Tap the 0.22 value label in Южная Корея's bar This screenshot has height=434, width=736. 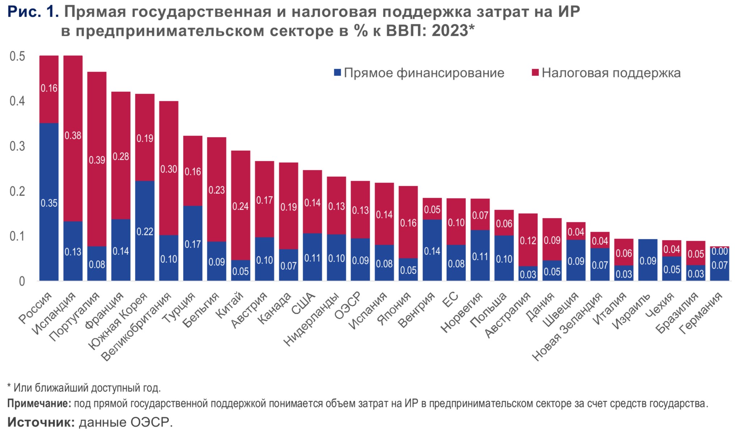(x=145, y=232)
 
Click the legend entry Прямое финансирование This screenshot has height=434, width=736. (x=420, y=73)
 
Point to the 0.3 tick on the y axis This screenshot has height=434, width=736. (x=17, y=146)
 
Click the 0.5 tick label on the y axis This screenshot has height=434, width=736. (x=17, y=56)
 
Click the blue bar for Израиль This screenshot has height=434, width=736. (x=648, y=260)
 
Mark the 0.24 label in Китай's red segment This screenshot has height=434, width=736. (x=241, y=206)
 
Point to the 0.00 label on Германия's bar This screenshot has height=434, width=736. (x=719, y=251)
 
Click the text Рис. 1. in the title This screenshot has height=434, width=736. (x=33, y=12)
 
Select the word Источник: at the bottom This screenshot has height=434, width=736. (x=41, y=422)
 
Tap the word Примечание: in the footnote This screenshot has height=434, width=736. (x=39, y=404)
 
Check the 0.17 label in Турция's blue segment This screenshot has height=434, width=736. (x=193, y=244)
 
